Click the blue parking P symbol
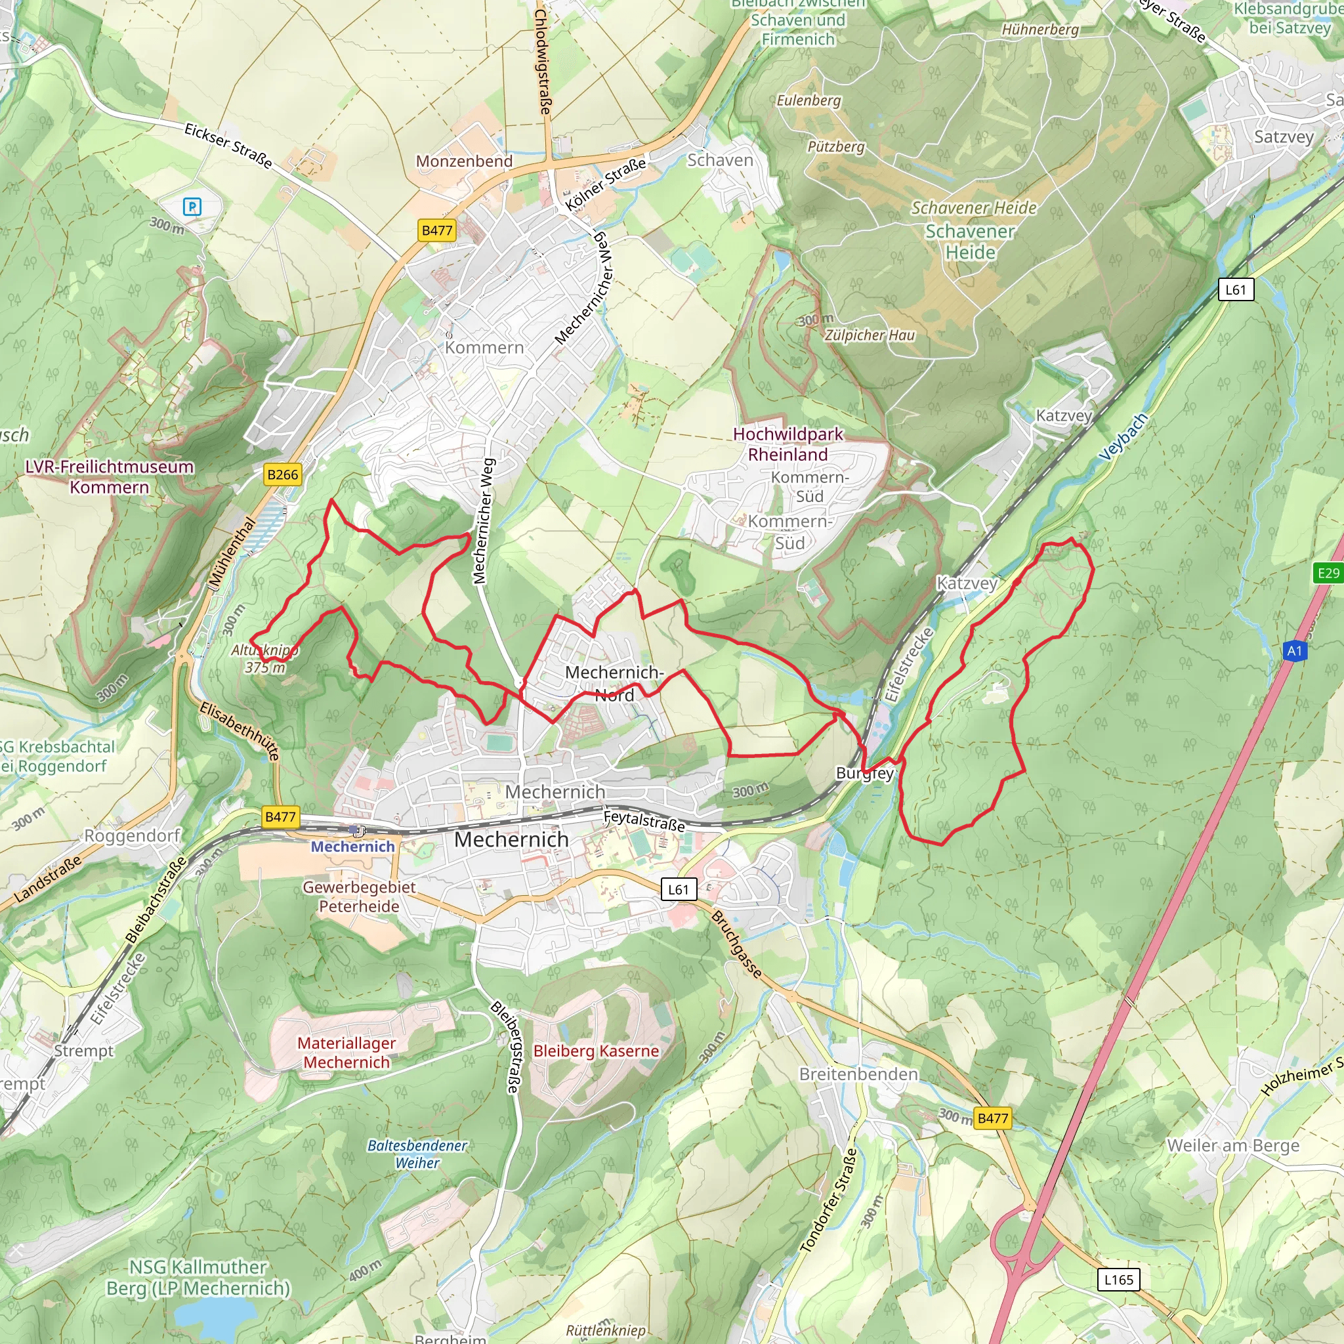[192, 207]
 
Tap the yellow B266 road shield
[282, 474]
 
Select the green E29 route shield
[1328, 572]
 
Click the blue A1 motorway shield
[1294, 651]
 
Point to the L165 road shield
[1119, 1279]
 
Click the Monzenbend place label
[464, 161]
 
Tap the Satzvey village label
[1284, 136]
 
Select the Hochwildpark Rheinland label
[787, 444]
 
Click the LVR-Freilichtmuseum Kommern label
[109, 476]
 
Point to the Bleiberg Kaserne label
[595, 1051]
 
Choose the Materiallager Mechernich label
[346, 1053]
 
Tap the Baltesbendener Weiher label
[417, 1154]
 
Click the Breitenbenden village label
[858, 1074]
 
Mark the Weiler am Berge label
[1232, 1145]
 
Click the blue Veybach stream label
[1123, 437]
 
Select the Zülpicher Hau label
[870, 335]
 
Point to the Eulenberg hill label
[808, 100]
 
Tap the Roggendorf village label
[132, 835]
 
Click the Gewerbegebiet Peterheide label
[359, 896]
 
